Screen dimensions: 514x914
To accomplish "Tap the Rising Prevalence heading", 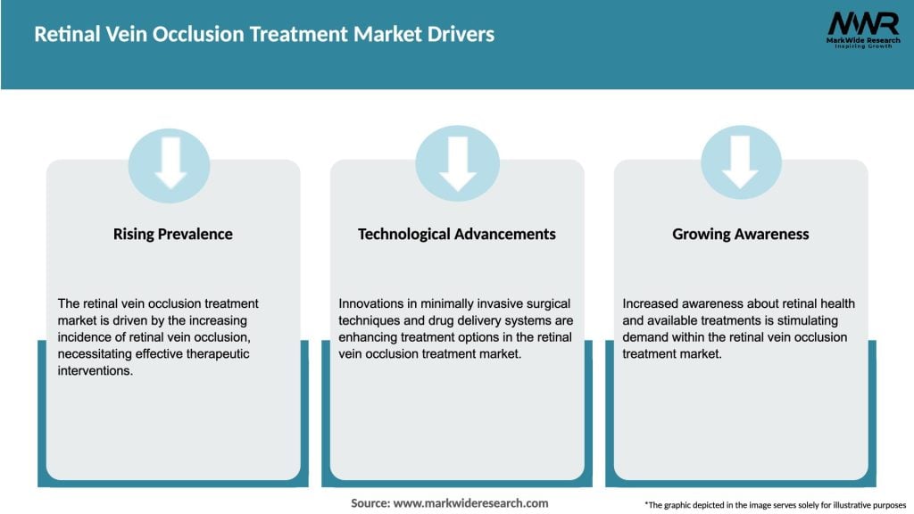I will [x=172, y=234].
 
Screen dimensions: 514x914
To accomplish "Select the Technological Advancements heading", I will [x=456, y=234].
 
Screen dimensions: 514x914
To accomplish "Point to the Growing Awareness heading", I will [x=740, y=234].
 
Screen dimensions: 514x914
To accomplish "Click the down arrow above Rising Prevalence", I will [x=170, y=164].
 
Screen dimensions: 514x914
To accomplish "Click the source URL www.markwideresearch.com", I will [x=471, y=503].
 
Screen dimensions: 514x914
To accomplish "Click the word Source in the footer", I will [x=370, y=503].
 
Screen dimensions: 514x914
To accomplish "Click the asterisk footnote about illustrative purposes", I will [x=774, y=504].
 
